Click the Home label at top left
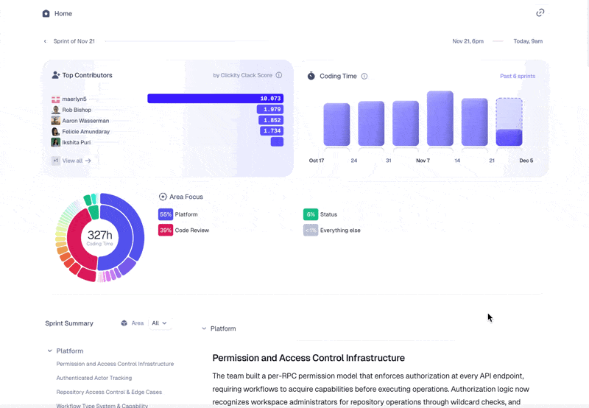[63, 13]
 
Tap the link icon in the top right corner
[540, 13]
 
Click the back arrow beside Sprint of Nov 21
[45, 41]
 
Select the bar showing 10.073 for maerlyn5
[215, 98]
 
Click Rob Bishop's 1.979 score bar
[269, 109]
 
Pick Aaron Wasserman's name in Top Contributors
[85, 120]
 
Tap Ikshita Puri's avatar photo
[56, 142]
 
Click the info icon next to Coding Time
[364, 76]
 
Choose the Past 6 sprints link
[518, 76]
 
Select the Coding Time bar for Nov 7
[440, 119]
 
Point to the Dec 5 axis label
[526, 161]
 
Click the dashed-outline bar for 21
[509, 122]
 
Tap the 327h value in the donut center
[99, 235]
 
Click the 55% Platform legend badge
[166, 214]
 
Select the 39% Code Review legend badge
[166, 230]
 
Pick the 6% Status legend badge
[311, 214]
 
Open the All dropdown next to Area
[159, 323]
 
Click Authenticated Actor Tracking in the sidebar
[94, 378]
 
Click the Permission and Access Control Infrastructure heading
[308, 358]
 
